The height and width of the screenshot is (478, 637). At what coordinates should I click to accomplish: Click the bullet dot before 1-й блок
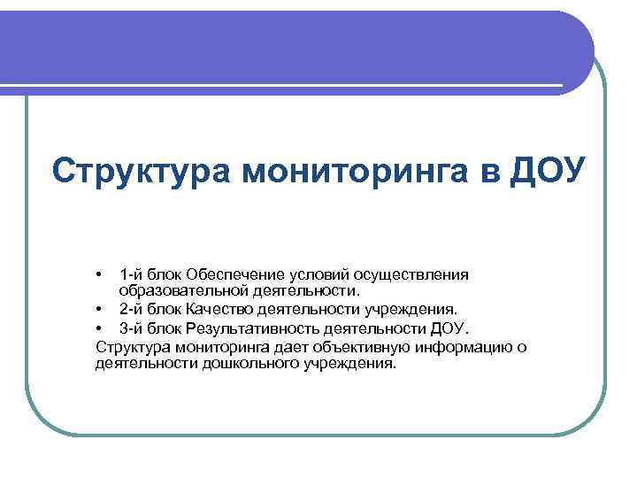coord(101,274)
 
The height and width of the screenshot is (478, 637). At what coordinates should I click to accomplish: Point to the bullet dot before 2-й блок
coord(101,310)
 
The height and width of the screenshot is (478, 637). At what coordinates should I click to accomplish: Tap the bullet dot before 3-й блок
coord(101,328)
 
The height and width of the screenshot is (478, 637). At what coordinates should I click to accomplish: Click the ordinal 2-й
coord(132,310)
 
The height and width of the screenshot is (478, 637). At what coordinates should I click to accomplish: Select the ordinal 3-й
coord(132,328)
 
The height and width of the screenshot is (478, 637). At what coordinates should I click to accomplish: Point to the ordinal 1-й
coord(132,274)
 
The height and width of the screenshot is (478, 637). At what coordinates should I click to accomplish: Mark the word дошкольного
coord(232,364)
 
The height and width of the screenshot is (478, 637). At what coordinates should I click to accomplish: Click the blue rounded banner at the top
coord(292,49)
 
